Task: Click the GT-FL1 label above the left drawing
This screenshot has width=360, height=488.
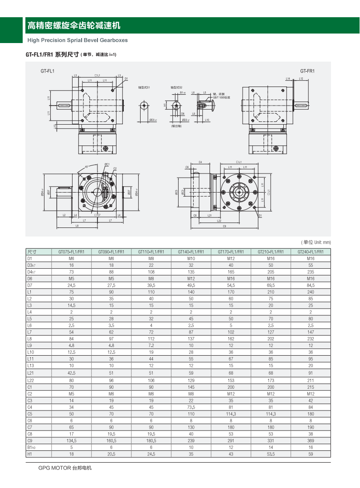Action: coord(47,71)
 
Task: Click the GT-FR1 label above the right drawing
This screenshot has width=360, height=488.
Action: coord(307,71)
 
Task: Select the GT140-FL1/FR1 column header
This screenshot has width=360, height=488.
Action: coord(191,251)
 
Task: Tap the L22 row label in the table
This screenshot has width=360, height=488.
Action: coord(31,380)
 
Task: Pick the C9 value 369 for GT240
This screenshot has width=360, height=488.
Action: coord(311,440)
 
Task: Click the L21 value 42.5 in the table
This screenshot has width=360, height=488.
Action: coord(71,372)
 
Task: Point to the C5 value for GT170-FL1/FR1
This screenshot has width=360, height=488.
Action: coord(231,414)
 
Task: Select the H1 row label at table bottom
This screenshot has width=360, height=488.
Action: coord(29,454)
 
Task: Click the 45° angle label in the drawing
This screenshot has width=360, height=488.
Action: coord(87,167)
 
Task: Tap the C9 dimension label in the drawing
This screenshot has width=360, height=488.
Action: coord(225,227)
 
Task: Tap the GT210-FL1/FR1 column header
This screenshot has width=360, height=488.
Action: coord(271,251)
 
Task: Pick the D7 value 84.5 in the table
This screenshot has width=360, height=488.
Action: coord(311,285)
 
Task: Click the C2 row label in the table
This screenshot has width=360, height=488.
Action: coord(30,394)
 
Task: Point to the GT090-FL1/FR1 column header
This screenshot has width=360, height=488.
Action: coord(111,251)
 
